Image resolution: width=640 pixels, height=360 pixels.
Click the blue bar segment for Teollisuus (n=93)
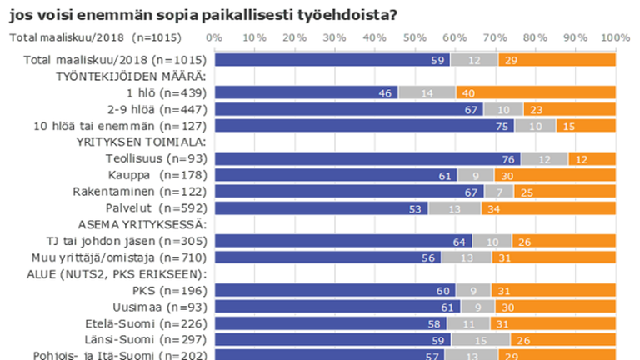point(367,158)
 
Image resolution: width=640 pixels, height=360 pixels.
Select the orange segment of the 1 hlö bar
point(536,92)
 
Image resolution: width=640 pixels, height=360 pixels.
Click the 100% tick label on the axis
point(615,38)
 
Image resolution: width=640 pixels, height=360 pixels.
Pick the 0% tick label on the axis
point(214,38)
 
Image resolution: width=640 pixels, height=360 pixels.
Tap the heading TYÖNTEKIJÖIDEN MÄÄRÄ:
point(131,76)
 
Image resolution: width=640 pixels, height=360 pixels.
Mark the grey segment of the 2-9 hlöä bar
point(502,109)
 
